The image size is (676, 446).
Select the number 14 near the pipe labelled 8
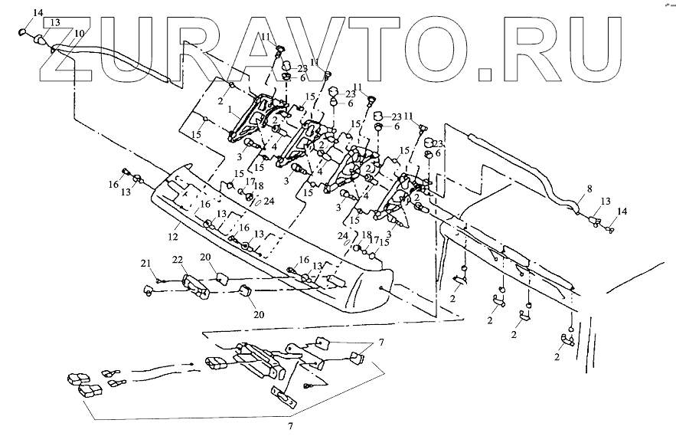click(x=621, y=210)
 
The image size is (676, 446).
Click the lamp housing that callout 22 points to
click(x=197, y=286)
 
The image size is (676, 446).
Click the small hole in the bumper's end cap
click(x=381, y=287)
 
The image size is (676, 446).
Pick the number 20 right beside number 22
click(x=204, y=257)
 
